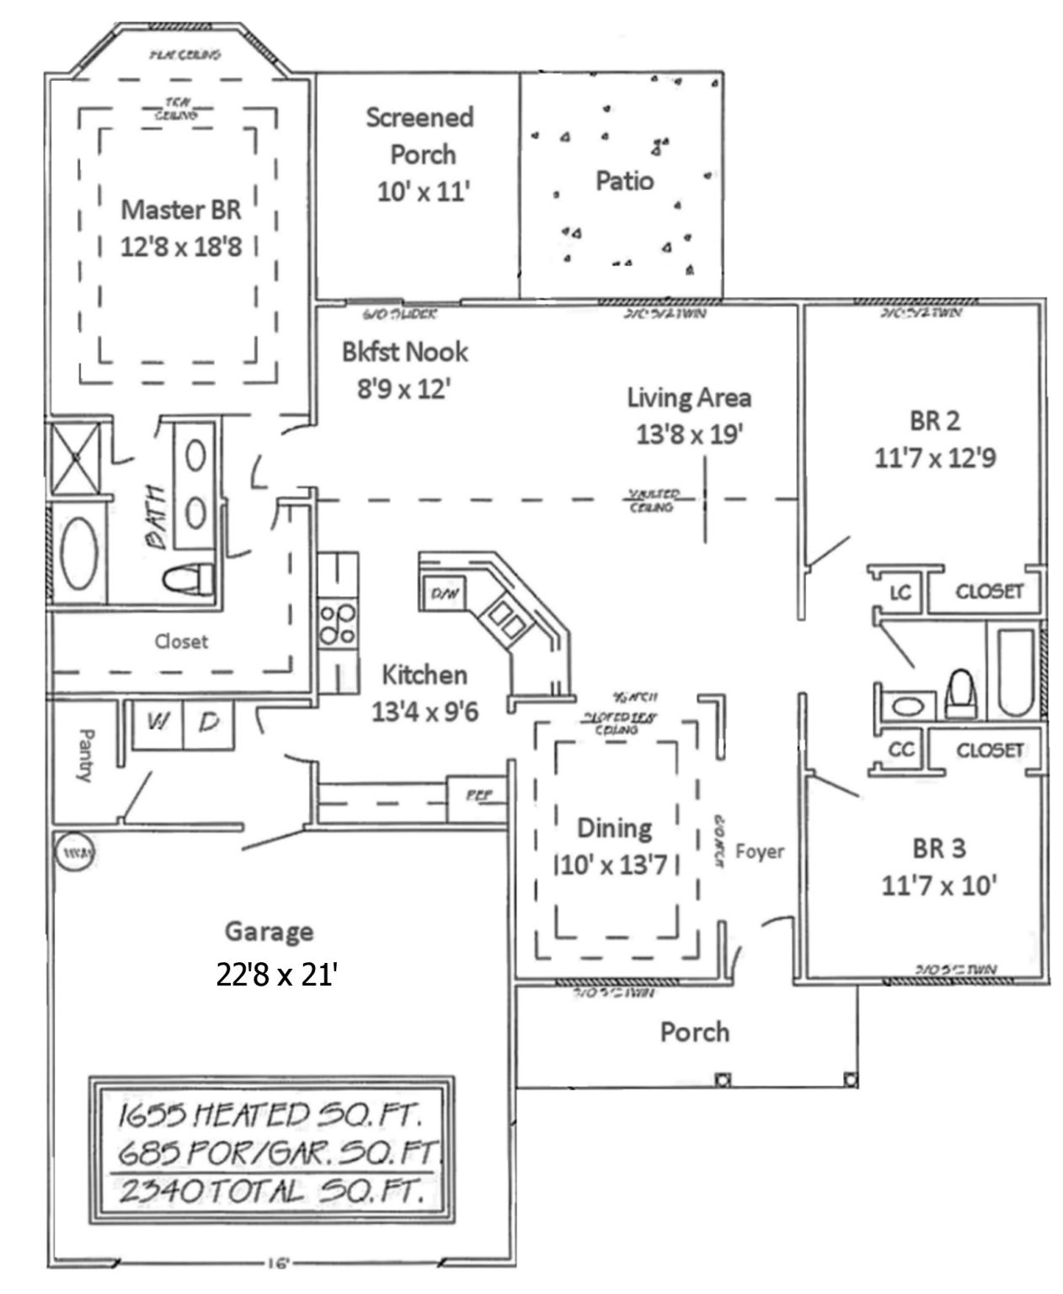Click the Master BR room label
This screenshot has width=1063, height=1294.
(x=181, y=209)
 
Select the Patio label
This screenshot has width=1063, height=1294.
(x=624, y=180)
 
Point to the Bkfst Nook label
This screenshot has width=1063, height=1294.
(x=404, y=351)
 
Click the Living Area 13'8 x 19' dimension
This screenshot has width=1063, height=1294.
(x=688, y=435)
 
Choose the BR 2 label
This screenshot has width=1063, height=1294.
(x=935, y=420)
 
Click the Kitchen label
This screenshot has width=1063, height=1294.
(x=424, y=675)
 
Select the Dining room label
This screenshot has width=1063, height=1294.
(x=614, y=828)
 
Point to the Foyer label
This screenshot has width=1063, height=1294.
(x=759, y=852)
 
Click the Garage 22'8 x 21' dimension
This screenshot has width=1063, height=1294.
(x=277, y=975)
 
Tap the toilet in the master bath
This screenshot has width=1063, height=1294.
(x=188, y=580)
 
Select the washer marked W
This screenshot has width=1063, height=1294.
(x=158, y=723)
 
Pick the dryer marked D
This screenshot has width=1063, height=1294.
(x=209, y=723)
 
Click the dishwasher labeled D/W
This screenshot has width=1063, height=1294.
(x=444, y=593)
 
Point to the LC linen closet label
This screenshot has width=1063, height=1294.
(x=900, y=592)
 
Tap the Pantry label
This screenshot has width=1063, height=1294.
(x=84, y=757)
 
